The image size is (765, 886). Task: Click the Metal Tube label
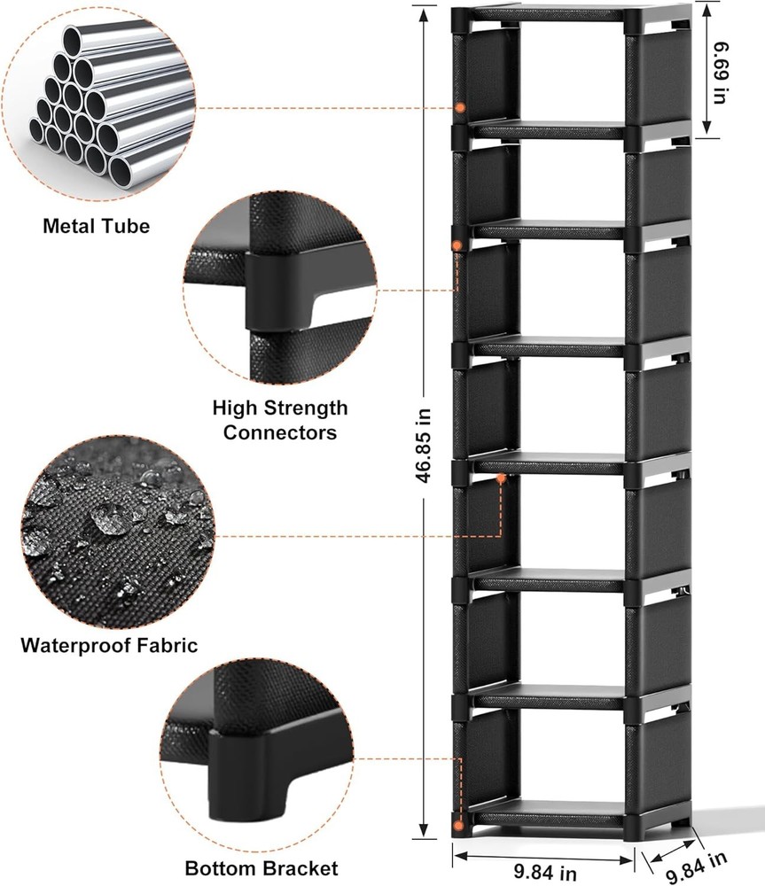click(96, 226)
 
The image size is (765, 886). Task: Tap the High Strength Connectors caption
click(280, 420)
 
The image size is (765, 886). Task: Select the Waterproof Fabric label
click(109, 644)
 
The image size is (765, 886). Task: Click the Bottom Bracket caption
click(262, 867)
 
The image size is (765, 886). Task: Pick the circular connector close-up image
click(280, 291)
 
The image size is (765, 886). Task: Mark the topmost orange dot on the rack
click(460, 107)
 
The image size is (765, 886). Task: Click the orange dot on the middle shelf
click(501, 478)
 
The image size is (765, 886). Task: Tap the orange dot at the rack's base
click(458, 825)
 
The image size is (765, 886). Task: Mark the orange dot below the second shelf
click(457, 245)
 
